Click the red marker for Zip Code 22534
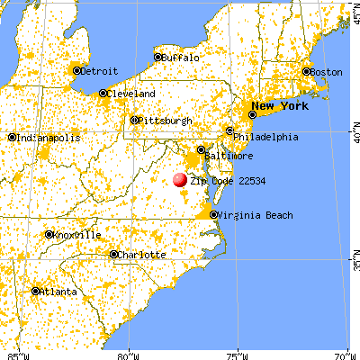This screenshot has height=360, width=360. click(x=180, y=179)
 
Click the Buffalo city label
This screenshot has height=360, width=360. click(x=180, y=57)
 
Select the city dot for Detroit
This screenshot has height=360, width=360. click(x=77, y=70)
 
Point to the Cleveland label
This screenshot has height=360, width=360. click(x=131, y=93)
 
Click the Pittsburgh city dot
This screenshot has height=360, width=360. click(x=135, y=120)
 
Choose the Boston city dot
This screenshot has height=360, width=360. click(x=306, y=71)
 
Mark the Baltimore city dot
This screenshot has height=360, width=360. click(x=202, y=149)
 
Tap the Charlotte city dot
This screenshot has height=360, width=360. click(x=113, y=255)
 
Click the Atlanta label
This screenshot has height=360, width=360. click(x=57, y=291)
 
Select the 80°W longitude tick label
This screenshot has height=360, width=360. click(x=130, y=354)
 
